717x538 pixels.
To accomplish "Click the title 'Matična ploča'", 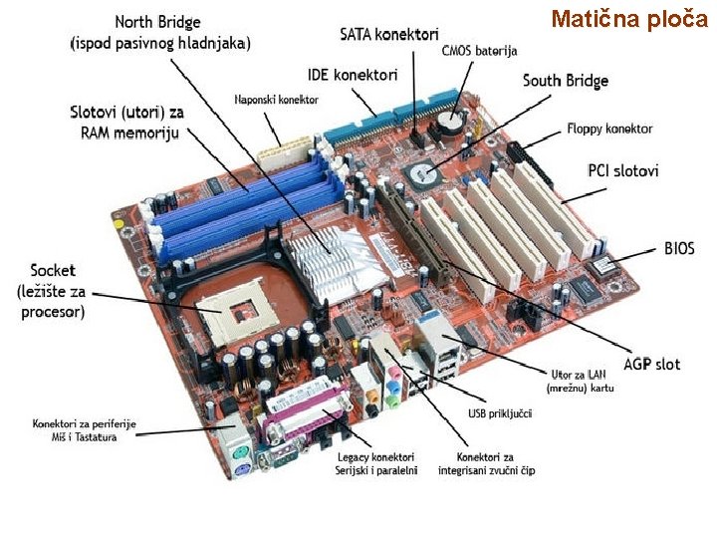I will point(628,19).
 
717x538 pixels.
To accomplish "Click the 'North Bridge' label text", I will point(158,22).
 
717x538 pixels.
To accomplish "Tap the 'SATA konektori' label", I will point(389,36).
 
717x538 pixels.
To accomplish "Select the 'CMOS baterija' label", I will point(479,51).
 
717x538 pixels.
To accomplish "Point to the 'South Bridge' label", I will point(565,81).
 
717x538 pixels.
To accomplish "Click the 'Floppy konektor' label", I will point(609,129).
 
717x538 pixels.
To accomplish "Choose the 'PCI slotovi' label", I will point(622,171).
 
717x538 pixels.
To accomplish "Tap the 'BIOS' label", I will point(679,248).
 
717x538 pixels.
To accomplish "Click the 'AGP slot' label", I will point(652,364).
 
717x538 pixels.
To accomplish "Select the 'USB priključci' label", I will point(500,412).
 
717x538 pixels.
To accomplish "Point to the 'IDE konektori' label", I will point(352,75).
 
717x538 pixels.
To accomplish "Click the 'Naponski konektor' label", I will point(276,100).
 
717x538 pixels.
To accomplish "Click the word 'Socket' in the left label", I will point(53,270).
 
